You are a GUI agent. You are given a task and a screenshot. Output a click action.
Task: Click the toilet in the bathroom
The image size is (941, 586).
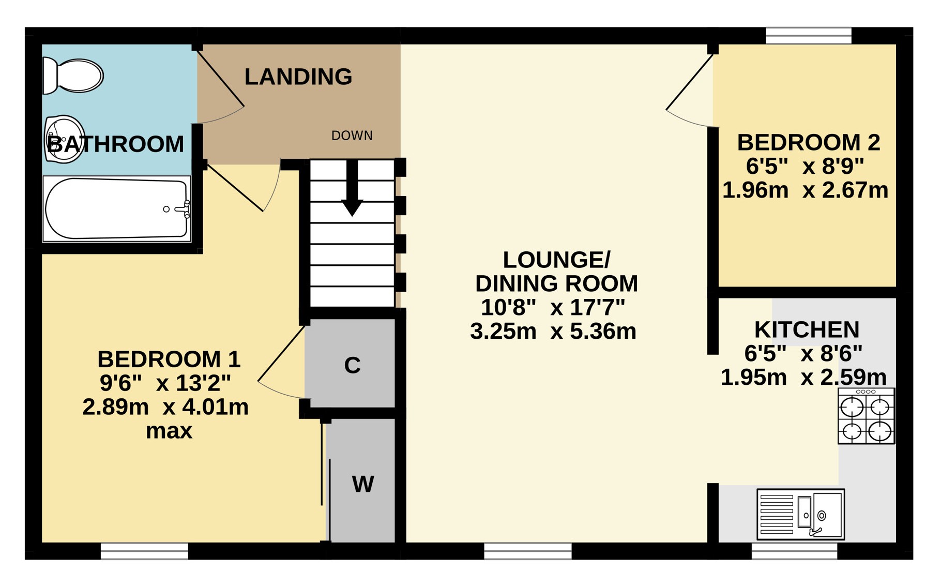click(x=73, y=76)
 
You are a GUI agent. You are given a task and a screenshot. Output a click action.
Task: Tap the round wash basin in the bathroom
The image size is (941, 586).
click(x=65, y=139)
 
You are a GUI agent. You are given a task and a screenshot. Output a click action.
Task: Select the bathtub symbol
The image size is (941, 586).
click(x=117, y=209)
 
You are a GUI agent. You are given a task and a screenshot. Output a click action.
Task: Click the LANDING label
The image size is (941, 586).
click(x=298, y=77)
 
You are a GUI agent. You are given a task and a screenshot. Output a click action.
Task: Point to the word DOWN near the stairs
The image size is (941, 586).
click(x=352, y=136)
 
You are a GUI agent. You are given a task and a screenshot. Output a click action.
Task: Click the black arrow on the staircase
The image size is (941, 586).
click(x=352, y=188)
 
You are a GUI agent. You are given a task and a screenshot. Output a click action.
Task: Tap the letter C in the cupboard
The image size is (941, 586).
click(x=352, y=365)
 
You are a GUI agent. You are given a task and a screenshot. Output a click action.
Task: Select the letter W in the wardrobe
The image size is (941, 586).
click(x=363, y=484)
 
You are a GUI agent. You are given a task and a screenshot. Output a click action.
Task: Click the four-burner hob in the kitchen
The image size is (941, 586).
click(x=867, y=416)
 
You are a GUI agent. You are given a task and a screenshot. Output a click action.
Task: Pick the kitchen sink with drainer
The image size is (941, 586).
click(x=801, y=515)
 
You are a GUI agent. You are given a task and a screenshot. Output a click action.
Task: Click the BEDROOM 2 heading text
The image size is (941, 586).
click(x=809, y=142)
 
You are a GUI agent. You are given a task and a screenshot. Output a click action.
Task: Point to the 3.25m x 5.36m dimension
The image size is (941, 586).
click(x=553, y=331)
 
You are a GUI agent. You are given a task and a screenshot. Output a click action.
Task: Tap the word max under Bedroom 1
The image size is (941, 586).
click(x=169, y=431)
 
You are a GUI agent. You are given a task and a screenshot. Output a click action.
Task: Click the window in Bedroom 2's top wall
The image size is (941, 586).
click(x=809, y=36)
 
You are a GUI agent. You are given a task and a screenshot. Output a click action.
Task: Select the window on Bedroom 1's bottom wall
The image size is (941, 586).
click(x=144, y=551)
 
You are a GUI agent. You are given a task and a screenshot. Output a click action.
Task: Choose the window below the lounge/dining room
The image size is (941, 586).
click(x=528, y=551)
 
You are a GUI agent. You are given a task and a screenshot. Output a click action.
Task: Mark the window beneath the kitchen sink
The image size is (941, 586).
click(x=794, y=551)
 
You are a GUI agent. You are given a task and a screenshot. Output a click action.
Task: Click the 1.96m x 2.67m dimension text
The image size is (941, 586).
click(x=806, y=190)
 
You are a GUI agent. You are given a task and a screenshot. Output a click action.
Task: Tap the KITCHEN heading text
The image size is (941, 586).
click(x=807, y=329)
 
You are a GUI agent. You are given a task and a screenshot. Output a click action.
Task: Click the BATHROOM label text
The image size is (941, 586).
click(x=115, y=144)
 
